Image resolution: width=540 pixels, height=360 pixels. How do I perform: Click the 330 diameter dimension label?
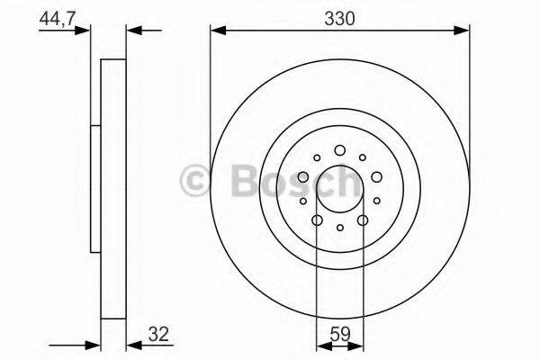point(340,17)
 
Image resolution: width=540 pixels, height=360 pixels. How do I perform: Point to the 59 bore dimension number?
point(339,335)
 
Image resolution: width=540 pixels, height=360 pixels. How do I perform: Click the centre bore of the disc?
point(339,187)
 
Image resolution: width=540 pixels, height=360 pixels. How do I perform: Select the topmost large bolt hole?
point(339,150)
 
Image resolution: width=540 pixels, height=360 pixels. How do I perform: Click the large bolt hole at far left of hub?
point(303,176)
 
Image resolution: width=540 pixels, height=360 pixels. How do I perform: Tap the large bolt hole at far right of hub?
point(375,176)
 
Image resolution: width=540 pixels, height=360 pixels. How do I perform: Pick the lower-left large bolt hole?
point(317,219)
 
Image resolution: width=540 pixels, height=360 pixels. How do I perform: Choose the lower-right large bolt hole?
point(362,219)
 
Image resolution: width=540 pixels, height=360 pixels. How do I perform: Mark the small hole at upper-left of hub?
point(317,157)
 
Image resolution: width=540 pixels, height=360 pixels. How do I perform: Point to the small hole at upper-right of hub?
point(362,157)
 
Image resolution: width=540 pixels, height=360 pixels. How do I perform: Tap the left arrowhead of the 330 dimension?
point(216,31)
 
